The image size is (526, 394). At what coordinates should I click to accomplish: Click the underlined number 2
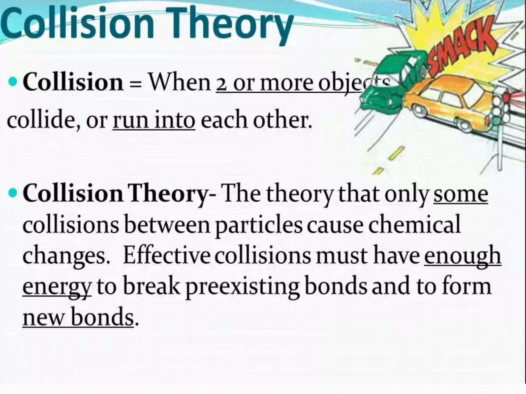[x=222, y=84]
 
